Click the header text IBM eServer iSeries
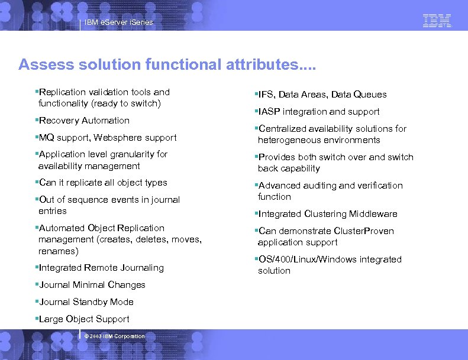[118, 22]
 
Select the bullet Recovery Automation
[83, 121]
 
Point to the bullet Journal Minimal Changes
[92, 285]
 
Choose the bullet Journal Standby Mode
[86, 302]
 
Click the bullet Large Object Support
[83, 319]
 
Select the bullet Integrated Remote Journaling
[101, 268]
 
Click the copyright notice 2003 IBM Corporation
[115, 336]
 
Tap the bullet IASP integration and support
[319, 112]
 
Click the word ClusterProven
[364, 231]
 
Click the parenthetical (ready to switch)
[130, 103]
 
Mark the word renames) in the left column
[58, 251]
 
